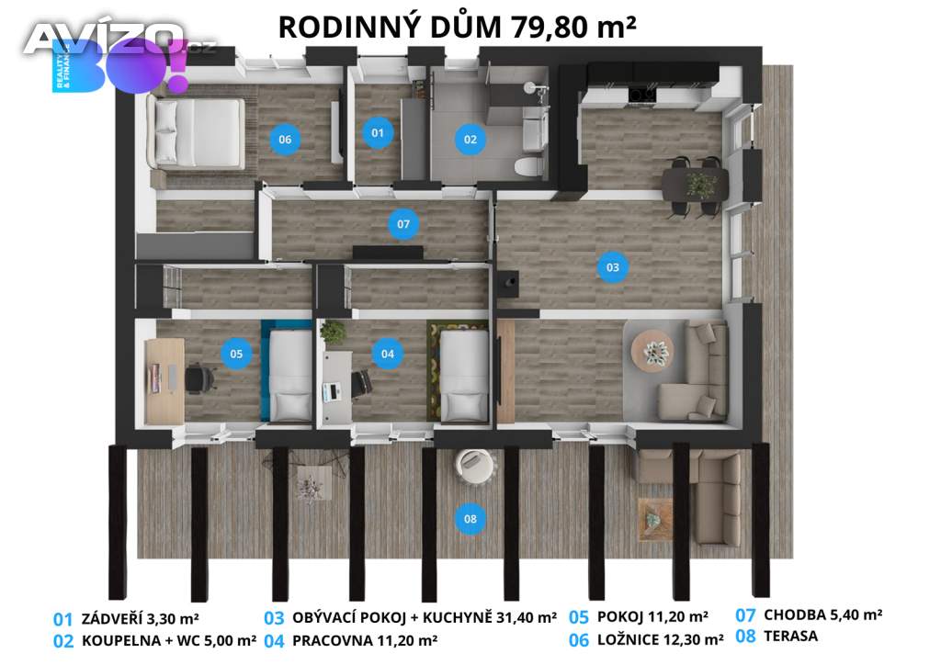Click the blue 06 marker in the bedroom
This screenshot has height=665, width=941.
[285, 139]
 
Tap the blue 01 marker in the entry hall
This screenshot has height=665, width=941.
[378, 132]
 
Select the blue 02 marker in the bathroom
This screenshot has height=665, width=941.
[470, 139]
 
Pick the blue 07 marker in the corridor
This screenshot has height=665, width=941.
[403, 224]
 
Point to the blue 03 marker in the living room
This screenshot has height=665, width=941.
[612, 267]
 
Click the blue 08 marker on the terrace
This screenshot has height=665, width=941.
[470, 519]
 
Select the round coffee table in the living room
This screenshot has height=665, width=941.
[652, 351]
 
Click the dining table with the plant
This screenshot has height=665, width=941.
[695, 184]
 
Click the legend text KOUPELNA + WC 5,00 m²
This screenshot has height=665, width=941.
[169, 641]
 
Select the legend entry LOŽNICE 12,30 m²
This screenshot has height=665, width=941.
[660, 640]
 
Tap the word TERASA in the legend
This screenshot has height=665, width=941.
[790, 636]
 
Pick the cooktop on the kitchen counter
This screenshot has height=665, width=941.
[641, 95]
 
